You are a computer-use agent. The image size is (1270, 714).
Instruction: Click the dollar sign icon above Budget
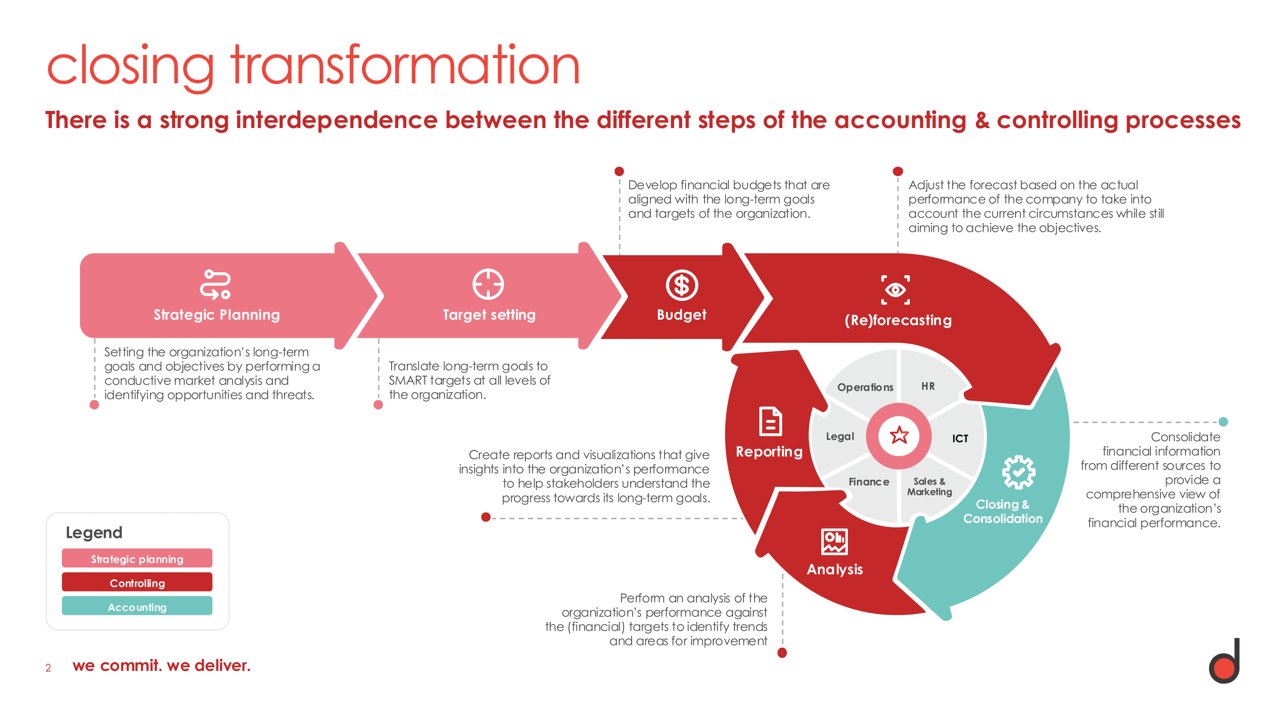pyautogui.click(x=682, y=285)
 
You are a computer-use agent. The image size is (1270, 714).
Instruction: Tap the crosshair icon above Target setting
pyautogui.click(x=488, y=284)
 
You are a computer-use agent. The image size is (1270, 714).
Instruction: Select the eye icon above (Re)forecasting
pyautogui.click(x=895, y=290)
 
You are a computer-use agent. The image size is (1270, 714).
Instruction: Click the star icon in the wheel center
pyautogui.click(x=899, y=435)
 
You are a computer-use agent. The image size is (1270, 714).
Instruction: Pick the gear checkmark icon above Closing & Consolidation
pyautogui.click(x=1018, y=472)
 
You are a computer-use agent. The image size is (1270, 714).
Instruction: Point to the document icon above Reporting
pyautogui.click(x=771, y=421)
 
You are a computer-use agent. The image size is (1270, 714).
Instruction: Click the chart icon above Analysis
pyautogui.click(x=834, y=542)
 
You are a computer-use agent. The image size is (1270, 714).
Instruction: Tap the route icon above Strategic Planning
pyautogui.click(x=215, y=284)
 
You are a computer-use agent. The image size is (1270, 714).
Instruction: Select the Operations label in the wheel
pyautogui.click(x=865, y=387)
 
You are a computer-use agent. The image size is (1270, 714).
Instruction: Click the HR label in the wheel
pyautogui.click(x=928, y=387)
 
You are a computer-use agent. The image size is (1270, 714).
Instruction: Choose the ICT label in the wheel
pyautogui.click(x=960, y=438)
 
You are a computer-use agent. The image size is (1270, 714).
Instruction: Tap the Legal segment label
pyautogui.click(x=839, y=436)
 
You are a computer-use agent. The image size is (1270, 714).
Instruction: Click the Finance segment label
pyautogui.click(x=869, y=482)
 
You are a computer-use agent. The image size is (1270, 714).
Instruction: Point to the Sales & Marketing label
pyautogui.click(x=929, y=486)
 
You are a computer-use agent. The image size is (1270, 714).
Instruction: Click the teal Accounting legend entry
pyautogui.click(x=137, y=606)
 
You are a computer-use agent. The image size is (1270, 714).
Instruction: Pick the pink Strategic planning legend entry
pyautogui.click(x=137, y=558)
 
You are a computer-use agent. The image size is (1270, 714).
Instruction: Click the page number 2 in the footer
pyautogui.click(x=48, y=668)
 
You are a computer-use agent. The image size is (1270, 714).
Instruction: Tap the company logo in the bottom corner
pyautogui.click(x=1224, y=661)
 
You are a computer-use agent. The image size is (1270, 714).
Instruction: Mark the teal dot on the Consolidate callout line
pyautogui.click(x=1223, y=422)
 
